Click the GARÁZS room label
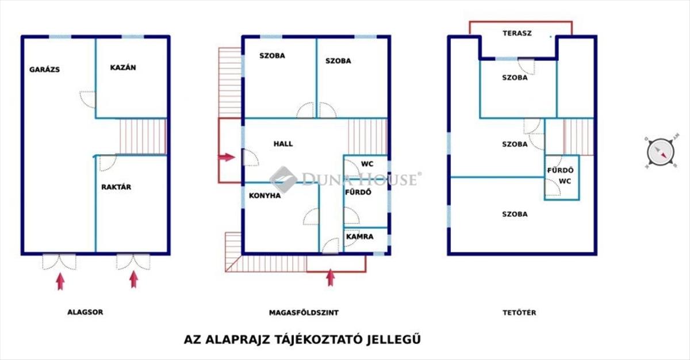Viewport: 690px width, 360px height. click(45, 70)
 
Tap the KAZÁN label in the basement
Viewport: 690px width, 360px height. click(123, 67)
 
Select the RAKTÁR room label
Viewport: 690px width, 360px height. click(116, 187)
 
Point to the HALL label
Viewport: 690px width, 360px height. click(283, 144)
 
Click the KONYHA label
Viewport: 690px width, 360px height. click(265, 196)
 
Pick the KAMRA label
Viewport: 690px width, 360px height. click(360, 236)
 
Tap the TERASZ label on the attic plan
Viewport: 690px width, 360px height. click(517, 33)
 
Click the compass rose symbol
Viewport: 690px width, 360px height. click(661, 152)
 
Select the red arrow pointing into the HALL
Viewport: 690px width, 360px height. click(227, 157)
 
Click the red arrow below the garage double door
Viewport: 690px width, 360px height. click(60, 281)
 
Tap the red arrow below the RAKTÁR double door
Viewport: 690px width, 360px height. click(133, 279)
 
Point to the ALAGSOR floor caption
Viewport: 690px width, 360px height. click(85, 312)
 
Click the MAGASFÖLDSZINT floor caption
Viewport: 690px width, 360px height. click(304, 313)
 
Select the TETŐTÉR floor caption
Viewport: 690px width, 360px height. click(519, 313)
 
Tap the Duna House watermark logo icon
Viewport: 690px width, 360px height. click(283, 179)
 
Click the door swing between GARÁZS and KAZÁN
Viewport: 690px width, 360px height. click(87, 99)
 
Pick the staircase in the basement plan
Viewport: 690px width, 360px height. click(143, 136)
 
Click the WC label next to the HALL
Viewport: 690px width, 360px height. click(367, 164)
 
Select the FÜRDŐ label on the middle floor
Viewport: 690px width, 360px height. click(358, 192)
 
